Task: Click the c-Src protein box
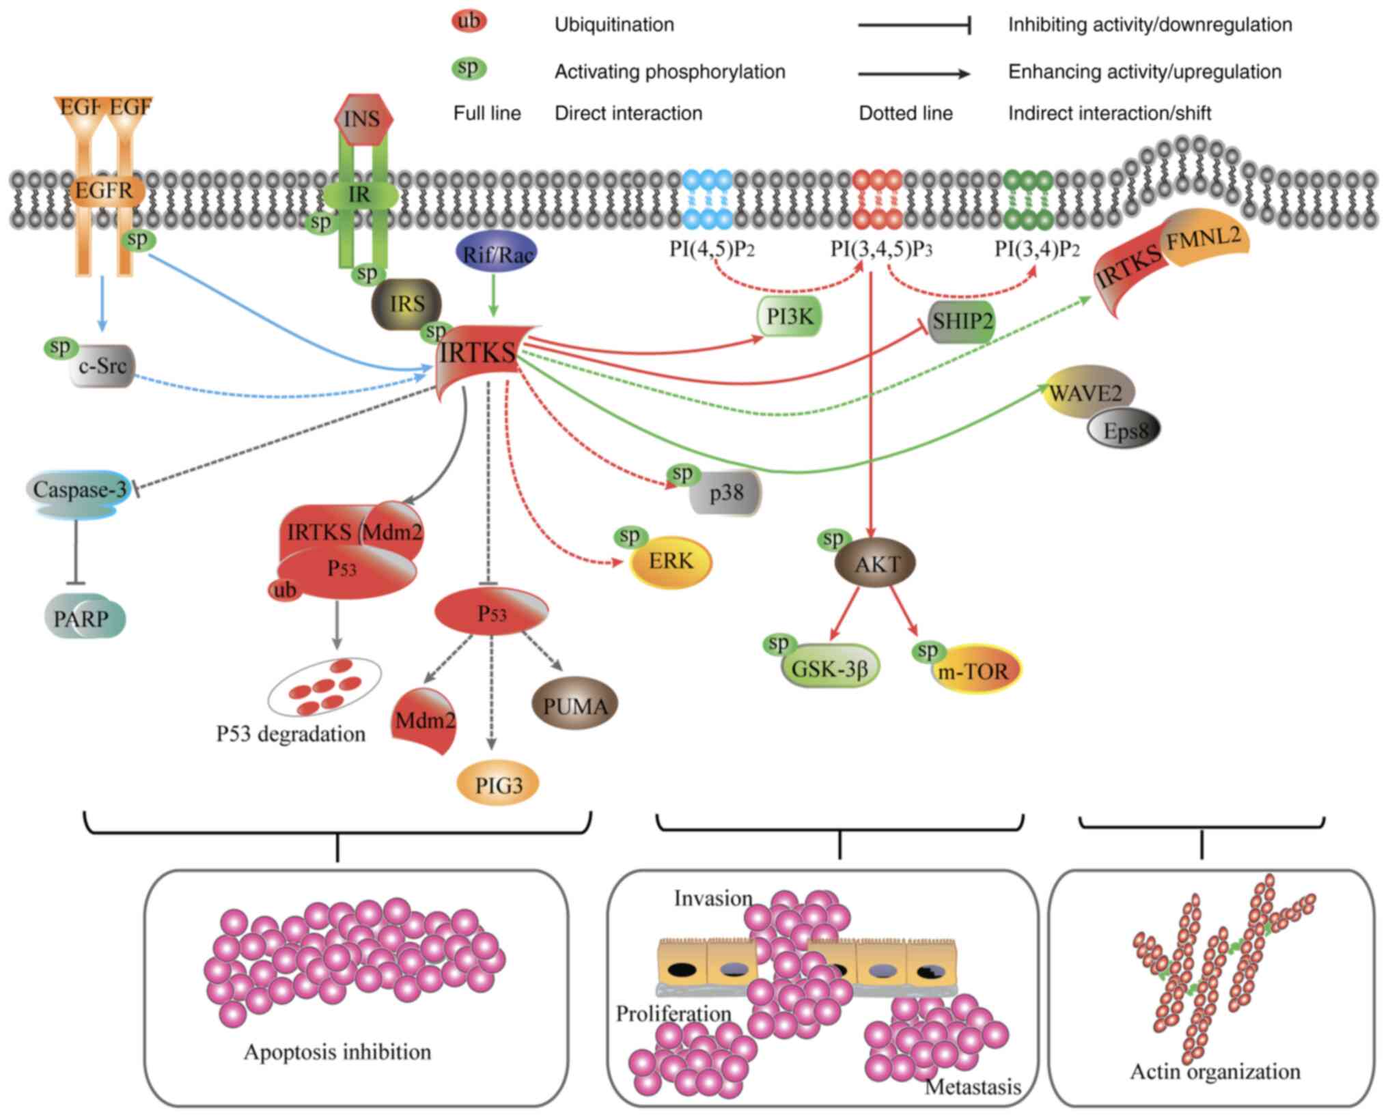tap(102, 367)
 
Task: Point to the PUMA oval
tap(574, 705)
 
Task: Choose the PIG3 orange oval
tap(498, 785)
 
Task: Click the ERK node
tap(671, 561)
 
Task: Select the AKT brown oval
tap(876, 563)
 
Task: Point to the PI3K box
tap(790, 317)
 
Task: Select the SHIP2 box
tap(962, 321)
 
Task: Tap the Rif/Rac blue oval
tap(496, 254)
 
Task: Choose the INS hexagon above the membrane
tap(362, 119)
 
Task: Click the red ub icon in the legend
tap(469, 20)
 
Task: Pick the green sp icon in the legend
tap(469, 68)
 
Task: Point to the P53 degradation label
tap(291, 734)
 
